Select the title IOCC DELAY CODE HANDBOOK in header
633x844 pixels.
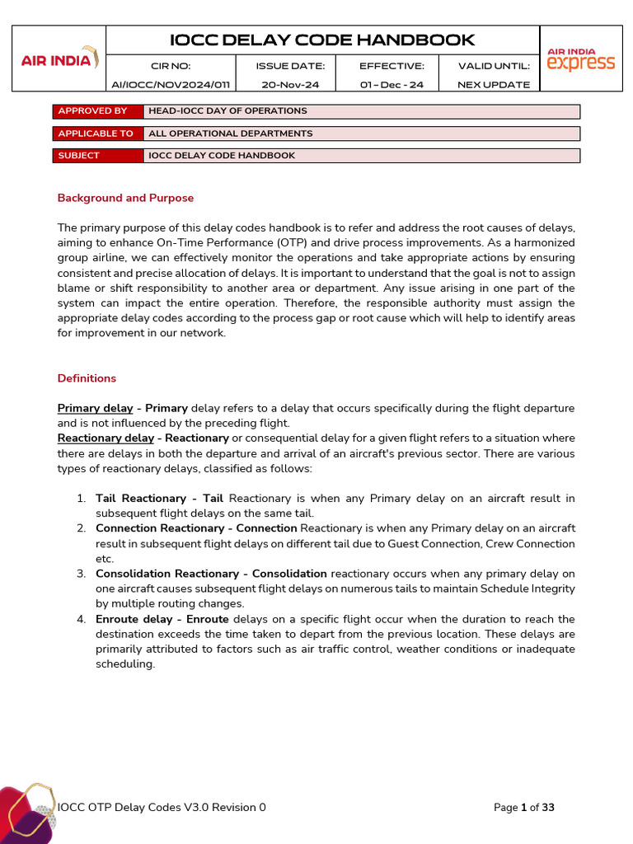322,40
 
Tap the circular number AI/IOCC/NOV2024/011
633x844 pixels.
171,84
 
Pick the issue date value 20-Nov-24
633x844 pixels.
290,84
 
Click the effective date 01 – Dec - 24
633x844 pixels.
392,84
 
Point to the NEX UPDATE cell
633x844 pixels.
494,84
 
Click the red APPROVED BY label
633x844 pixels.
97,111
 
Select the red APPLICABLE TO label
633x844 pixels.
97,134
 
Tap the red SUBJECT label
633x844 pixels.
97,156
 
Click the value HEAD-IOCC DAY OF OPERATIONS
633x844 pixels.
227,111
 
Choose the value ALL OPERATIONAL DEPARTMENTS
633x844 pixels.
230,134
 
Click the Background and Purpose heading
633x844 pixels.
125,198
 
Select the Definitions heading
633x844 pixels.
87,378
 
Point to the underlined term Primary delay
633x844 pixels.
95,408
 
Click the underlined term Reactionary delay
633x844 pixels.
105,438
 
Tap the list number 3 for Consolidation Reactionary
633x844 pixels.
81,574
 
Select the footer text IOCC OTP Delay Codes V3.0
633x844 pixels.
162,808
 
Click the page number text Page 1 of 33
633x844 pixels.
523,808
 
